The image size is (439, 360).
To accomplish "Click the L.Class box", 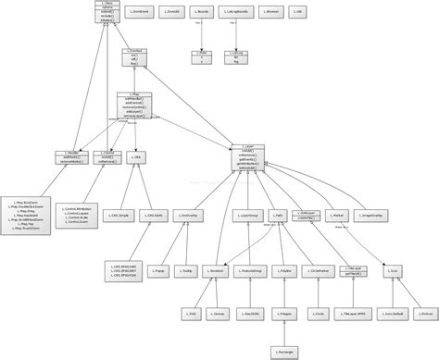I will (107, 12).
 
